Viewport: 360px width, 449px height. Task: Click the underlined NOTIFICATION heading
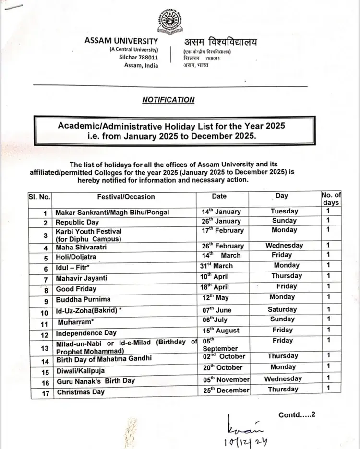click(168, 100)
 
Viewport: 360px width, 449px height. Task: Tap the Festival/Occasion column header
click(126, 196)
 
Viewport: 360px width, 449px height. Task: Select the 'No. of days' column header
click(331, 198)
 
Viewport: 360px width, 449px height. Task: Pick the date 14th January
click(221, 212)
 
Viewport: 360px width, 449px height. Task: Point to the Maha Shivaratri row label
click(81, 247)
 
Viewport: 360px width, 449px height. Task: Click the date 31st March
click(216, 266)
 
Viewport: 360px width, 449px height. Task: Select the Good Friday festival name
click(76, 289)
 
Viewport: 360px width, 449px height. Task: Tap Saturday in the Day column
click(282, 309)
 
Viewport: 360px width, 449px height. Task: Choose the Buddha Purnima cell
click(83, 299)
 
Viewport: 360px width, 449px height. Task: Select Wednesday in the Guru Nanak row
click(283, 379)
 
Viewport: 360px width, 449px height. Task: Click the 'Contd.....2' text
click(298, 414)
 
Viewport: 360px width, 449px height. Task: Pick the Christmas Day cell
click(80, 392)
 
